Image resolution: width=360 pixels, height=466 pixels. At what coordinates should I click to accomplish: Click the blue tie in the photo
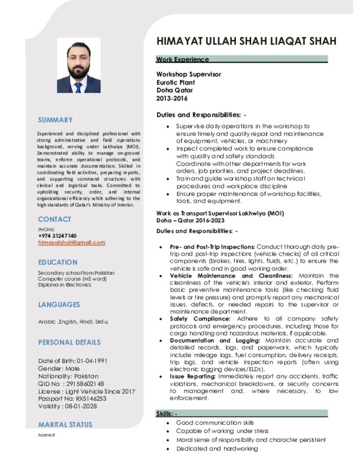[78, 86]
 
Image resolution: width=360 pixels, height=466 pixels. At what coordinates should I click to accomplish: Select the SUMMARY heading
[55, 120]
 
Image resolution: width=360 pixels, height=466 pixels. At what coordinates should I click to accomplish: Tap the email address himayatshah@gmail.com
[71, 243]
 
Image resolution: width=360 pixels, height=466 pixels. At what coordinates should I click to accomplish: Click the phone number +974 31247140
[57, 236]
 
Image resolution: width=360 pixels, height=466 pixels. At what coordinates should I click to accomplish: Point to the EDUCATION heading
[58, 263]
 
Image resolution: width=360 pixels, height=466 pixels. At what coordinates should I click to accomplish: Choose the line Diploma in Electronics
[65, 285]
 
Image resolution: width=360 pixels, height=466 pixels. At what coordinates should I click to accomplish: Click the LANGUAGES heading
[59, 305]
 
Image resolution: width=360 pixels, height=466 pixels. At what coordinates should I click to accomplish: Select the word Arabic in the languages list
[46, 322]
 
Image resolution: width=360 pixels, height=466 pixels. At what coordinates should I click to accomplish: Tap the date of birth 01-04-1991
[92, 361]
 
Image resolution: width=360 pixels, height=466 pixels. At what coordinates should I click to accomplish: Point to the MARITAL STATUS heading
[65, 425]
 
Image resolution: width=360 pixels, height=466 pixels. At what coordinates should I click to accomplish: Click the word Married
[46, 435]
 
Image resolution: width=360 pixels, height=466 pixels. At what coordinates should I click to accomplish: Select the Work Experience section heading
[183, 60]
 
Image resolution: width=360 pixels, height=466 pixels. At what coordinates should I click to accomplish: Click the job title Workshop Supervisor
[189, 74]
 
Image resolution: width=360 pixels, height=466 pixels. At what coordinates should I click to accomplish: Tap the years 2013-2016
[172, 98]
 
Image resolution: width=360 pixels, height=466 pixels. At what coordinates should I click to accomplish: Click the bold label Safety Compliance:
[200, 319]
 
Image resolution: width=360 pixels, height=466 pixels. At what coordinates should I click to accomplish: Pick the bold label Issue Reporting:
[193, 377]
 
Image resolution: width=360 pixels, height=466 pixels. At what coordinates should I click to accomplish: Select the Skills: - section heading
[167, 414]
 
